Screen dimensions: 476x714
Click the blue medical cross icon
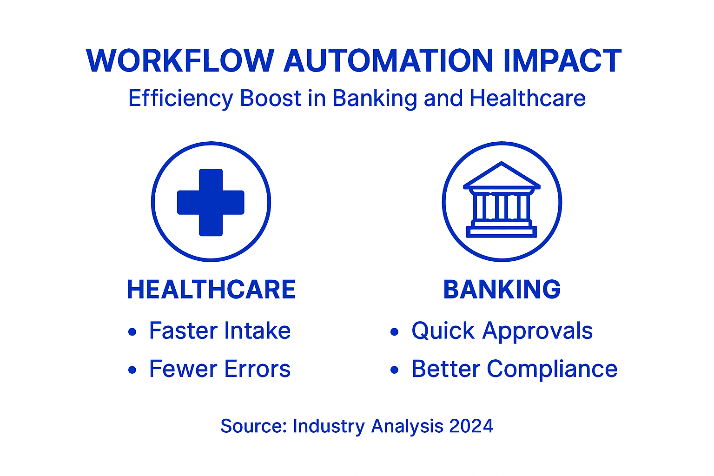211,202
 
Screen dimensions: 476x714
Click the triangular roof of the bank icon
502,176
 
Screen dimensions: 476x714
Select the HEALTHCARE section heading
211,290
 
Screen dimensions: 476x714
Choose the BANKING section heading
502,290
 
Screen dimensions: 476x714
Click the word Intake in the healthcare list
257,331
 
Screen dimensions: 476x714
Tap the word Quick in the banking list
443,331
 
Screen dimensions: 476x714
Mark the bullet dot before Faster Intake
132,332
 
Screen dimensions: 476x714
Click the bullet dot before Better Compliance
395,370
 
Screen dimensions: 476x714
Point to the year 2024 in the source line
471,426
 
